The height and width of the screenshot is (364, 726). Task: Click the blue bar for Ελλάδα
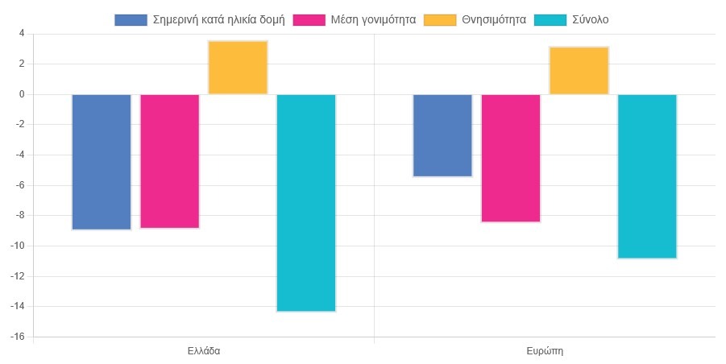tap(102, 162)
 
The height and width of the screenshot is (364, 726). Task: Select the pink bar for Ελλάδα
tap(170, 161)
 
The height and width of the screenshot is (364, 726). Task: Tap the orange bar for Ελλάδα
tap(238, 68)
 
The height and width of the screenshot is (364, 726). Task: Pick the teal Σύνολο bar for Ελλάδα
tap(306, 202)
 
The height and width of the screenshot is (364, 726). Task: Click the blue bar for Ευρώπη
tap(442, 135)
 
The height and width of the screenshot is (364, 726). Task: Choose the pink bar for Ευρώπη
tap(511, 158)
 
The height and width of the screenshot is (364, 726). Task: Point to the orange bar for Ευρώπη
tap(579, 71)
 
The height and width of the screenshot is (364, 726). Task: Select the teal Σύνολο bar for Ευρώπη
tap(647, 176)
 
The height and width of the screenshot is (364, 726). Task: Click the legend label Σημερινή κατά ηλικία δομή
tap(215, 19)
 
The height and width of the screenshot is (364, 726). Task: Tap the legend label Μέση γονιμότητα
tap(372, 19)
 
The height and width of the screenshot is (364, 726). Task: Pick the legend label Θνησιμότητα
tap(494, 19)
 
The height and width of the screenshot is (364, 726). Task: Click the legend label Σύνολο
tap(590, 19)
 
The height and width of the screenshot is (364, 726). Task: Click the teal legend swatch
tap(550, 19)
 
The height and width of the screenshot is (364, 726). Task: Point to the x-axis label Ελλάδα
tap(204, 352)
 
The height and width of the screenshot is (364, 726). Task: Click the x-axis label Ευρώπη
tap(545, 352)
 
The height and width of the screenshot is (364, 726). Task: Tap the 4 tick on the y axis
tap(22, 34)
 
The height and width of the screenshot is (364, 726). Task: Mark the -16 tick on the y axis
tap(19, 337)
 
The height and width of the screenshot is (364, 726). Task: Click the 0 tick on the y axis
tap(22, 94)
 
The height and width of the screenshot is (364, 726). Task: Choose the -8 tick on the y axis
tap(20, 215)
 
